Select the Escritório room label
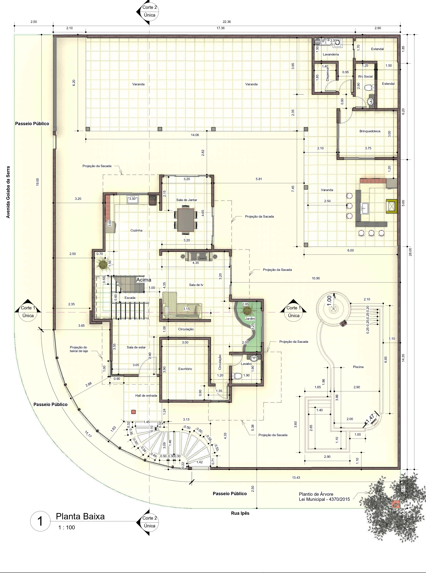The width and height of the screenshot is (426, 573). pyautogui.click(x=185, y=369)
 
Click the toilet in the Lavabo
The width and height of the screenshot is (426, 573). pyautogui.click(x=237, y=376)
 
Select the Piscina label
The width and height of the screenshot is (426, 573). pyautogui.click(x=358, y=367)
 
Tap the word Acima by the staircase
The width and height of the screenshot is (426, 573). pyautogui.click(x=144, y=280)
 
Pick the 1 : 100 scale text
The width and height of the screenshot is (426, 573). pyautogui.click(x=67, y=527)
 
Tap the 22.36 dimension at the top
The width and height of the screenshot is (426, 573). pyautogui.click(x=226, y=22)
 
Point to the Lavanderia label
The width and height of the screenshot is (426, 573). pyautogui.click(x=331, y=54)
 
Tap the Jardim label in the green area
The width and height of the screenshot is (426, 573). pyautogui.click(x=250, y=318)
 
